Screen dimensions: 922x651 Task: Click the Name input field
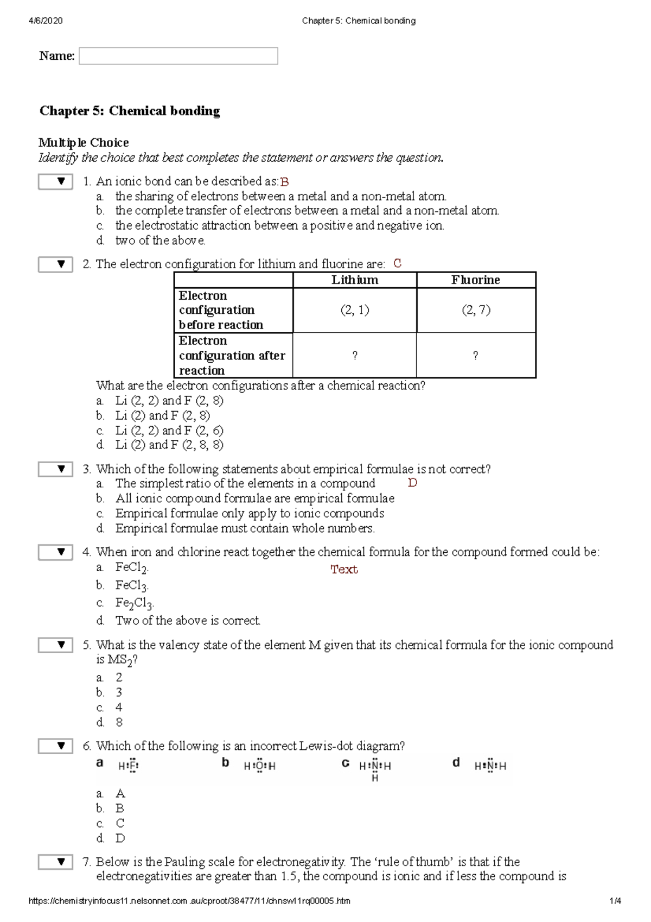point(178,56)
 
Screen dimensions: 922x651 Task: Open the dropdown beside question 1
point(55,181)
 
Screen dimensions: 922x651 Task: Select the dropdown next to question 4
point(55,552)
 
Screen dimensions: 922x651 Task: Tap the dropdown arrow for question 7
point(55,862)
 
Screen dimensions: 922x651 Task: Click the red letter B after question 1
point(284,182)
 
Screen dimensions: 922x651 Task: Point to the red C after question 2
point(398,263)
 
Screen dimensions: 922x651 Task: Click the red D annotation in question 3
point(412,483)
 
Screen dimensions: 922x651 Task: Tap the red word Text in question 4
point(344,569)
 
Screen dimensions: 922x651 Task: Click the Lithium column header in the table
point(355,280)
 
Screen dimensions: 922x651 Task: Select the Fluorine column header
point(476,280)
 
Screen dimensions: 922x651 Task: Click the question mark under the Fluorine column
point(476,356)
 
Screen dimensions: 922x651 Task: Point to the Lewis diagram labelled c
point(375,768)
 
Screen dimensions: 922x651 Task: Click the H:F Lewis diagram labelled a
point(129,766)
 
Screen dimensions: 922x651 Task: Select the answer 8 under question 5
point(119,722)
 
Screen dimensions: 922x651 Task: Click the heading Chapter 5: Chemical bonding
point(130,111)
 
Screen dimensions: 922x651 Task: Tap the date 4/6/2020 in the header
point(46,21)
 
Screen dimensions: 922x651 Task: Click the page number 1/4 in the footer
point(615,901)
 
